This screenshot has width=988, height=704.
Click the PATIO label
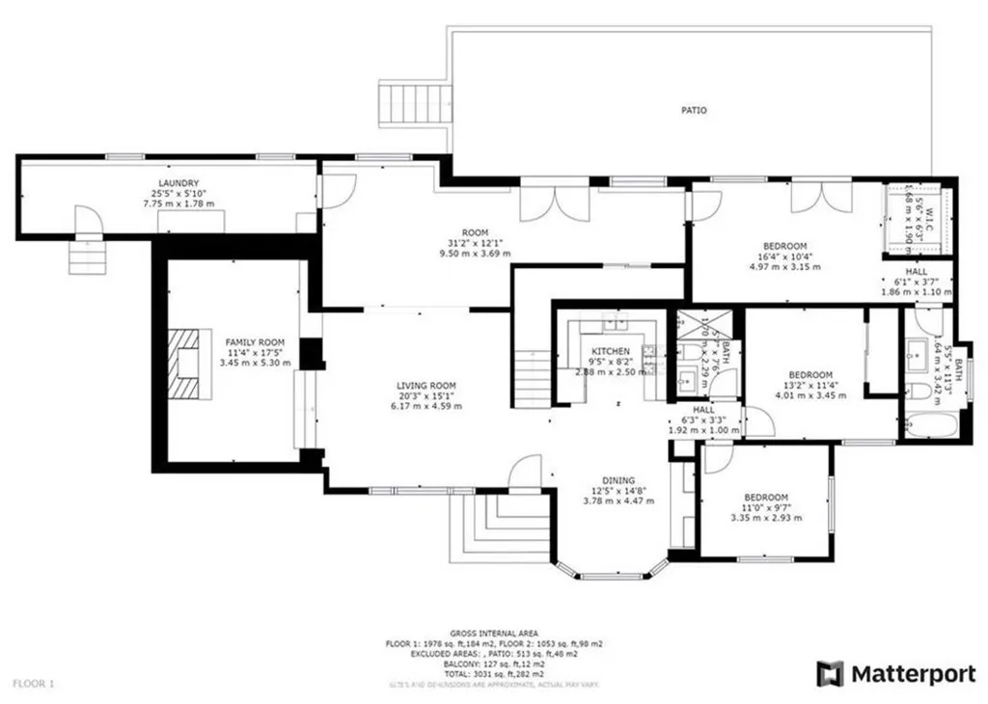tap(693, 110)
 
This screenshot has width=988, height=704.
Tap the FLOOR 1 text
tap(38, 684)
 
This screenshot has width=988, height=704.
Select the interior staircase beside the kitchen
tap(531, 380)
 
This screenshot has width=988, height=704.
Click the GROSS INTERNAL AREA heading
tap(495, 633)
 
